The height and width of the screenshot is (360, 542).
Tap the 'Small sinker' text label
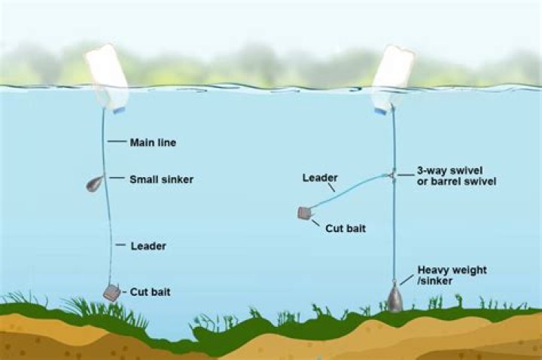(x=161, y=179)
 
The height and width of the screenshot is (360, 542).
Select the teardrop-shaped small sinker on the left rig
(x=95, y=183)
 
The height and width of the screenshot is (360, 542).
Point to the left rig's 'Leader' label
(x=148, y=246)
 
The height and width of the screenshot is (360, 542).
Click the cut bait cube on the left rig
(x=111, y=292)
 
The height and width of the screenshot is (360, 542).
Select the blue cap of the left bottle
(x=119, y=110)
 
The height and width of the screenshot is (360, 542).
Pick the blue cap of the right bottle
(x=381, y=110)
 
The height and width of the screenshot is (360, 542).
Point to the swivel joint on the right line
(x=393, y=175)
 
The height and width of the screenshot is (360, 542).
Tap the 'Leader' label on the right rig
(x=318, y=178)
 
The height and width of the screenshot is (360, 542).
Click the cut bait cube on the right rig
(x=305, y=213)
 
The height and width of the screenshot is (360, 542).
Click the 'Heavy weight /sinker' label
(x=452, y=275)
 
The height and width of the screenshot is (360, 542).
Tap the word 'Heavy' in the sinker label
(x=435, y=270)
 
